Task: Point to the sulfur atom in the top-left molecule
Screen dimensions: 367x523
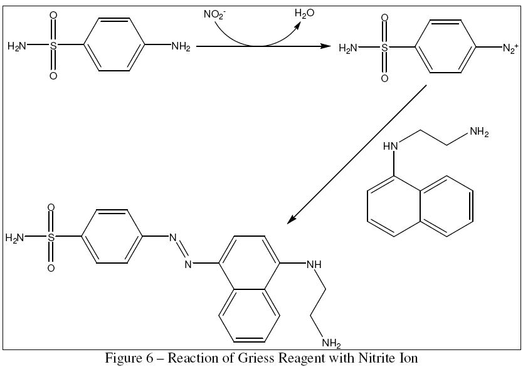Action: pyautogui.click(x=53, y=46)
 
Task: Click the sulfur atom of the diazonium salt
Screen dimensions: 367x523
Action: pyautogui.click(x=384, y=48)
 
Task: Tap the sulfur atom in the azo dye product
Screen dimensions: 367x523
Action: pyautogui.click(x=51, y=237)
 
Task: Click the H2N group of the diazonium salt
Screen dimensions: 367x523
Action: pyautogui.click(x=349, y=48)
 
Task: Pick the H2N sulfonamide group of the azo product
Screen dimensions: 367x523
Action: pyautogui.click(x=16, y=237)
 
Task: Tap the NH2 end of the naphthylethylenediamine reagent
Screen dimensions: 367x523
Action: pyautogui.click(x=478, y=132)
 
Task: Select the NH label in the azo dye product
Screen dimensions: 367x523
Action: pyautogui.click(x=313, y=264)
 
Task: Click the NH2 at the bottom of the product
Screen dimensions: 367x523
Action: pyautogui.click(x=330, y=343)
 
